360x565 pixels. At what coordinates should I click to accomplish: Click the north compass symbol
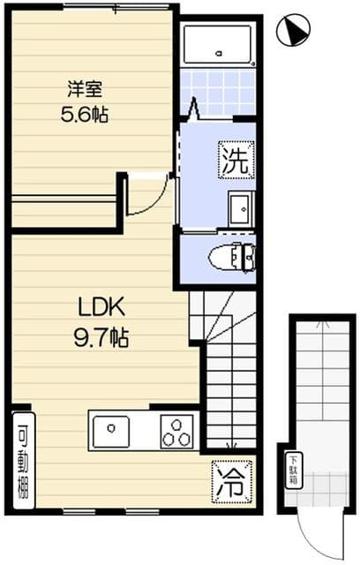click(293, 33)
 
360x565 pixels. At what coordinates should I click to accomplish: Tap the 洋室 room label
click(86, 88)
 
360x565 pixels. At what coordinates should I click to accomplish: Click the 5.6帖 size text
click(86, 114)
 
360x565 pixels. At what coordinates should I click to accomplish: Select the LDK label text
click(103, 309)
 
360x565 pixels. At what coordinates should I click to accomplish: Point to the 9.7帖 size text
click(103, 336)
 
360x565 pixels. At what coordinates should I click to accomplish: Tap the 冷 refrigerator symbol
click(232, 481)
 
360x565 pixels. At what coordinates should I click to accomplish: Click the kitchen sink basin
click(112, 432)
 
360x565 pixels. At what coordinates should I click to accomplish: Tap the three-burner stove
click(176, 433)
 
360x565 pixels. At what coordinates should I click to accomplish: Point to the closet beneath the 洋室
click(65, 210)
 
